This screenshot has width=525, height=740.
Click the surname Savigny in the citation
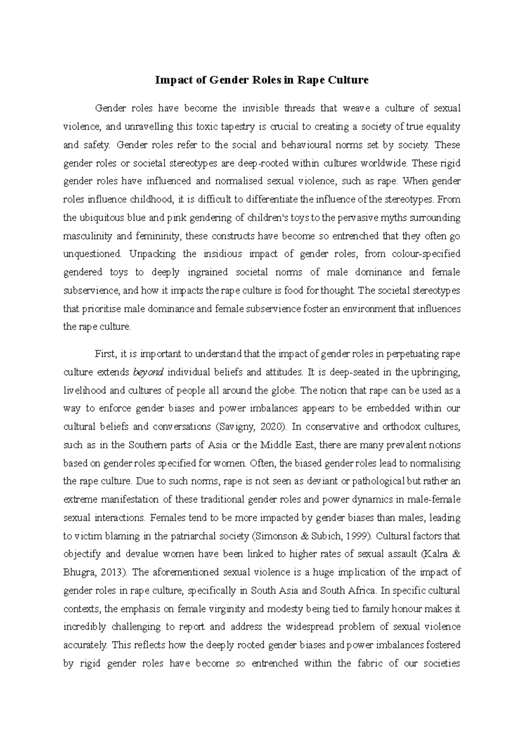click(x=237, y=426)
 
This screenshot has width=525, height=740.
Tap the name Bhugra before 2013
click(x=79, y=572)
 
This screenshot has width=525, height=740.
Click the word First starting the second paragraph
click(x=104, y=353)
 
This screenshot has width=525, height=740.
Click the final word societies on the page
click(x=438, y=664)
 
